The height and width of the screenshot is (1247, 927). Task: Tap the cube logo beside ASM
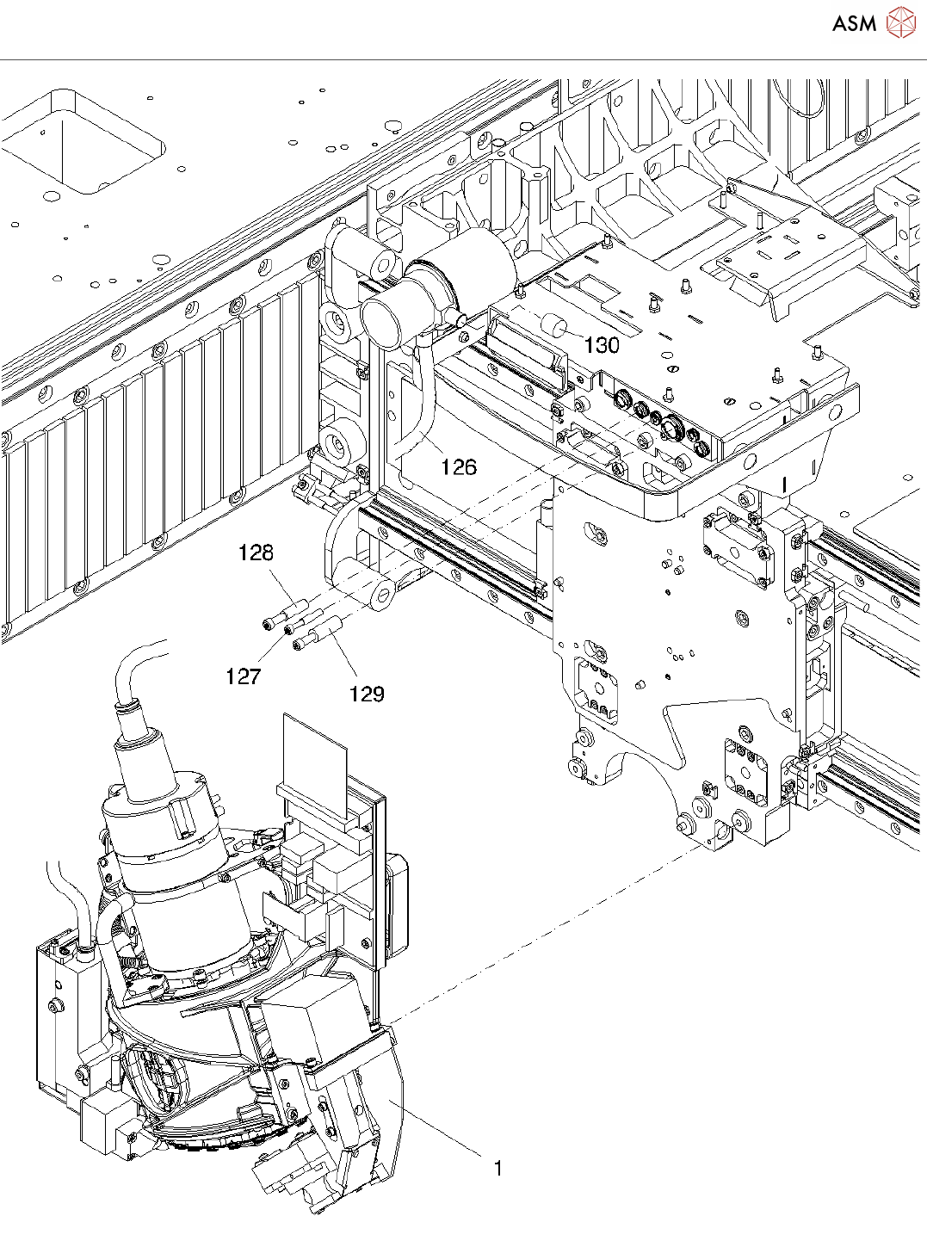(x=900, y=22)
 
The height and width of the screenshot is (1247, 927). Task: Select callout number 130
(x=602, y=345)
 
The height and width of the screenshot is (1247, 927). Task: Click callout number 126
(x=458, y=467)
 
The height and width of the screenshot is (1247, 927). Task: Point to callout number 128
(x=256, y=553)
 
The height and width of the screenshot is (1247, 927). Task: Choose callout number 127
(x=243, y=676)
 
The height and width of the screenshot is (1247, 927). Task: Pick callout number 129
(x=366, y=694)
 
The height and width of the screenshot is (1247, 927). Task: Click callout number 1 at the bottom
(x=497, y=1168)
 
